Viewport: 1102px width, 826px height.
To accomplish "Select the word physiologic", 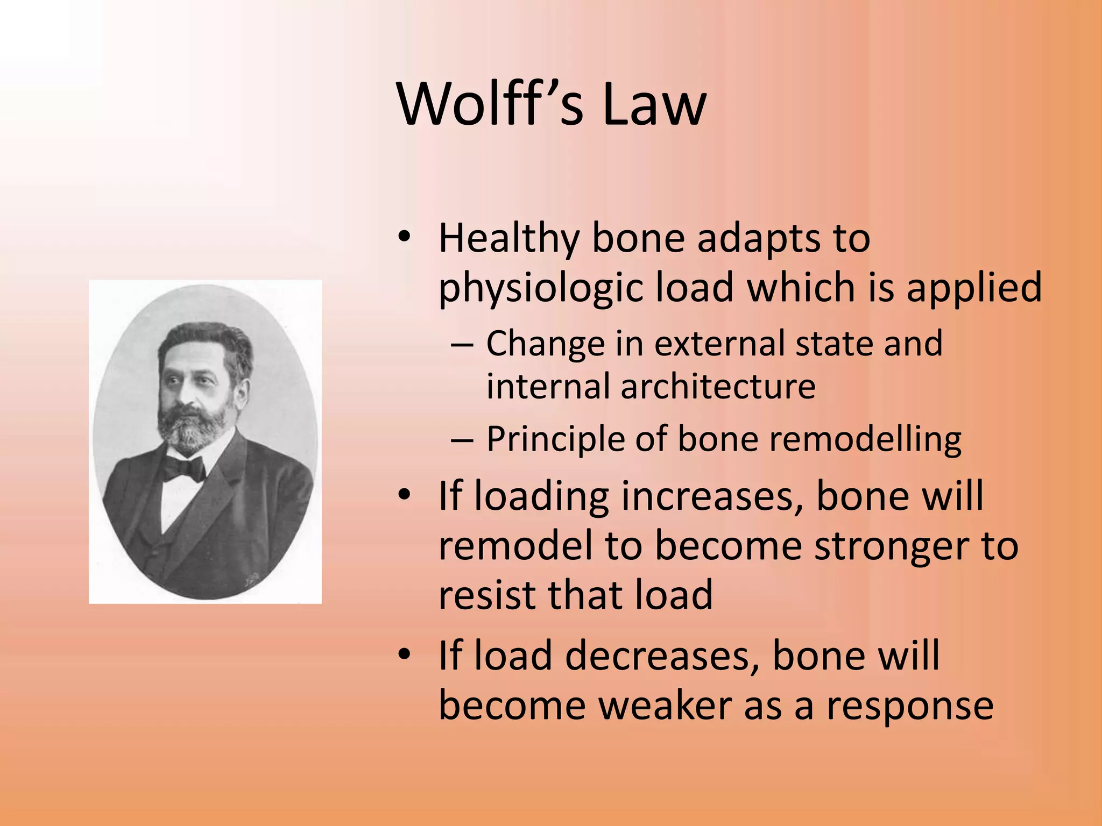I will (541, 288).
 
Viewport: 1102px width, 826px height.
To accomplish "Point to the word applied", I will (974, 288).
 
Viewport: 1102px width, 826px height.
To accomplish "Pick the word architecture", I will (718, 386).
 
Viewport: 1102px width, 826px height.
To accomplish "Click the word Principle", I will (555, 439).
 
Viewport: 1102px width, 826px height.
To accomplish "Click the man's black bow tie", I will (183, 468).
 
